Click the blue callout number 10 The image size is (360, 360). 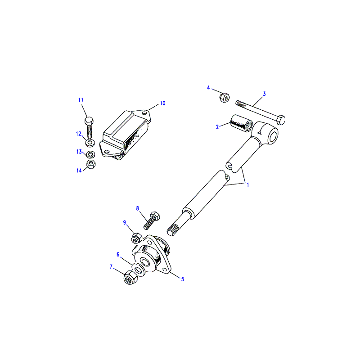click(162, 103)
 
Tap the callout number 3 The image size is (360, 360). click(264, 94)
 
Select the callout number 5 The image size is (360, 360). click(183, 279)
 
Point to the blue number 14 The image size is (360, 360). click(79, 171)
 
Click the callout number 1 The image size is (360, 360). click(248, 185)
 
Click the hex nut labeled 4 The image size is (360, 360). click(225, 98)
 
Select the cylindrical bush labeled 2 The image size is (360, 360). click(242, 123)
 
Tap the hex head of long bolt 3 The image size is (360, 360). click(281, 120)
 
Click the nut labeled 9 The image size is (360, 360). click(136, 238)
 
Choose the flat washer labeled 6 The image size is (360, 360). click(139, 270)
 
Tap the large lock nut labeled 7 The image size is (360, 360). click(130, 278)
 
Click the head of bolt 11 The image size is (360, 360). click(89, 121)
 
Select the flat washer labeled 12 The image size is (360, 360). click(90, 143)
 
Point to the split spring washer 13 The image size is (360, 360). click(91, 154)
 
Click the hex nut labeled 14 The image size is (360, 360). click(91, 164)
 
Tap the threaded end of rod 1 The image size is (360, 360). click(173, 230)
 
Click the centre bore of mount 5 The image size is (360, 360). click(145, 262)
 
